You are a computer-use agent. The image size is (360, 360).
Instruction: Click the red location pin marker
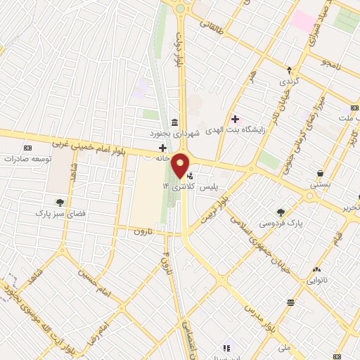coord(181,166)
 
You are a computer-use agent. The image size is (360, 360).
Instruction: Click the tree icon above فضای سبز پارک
coord(60,202)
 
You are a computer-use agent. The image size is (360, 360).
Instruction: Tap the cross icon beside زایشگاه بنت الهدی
coord(235,119)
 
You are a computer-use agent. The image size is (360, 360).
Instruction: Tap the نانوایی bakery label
coord(316,280)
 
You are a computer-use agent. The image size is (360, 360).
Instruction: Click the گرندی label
coord(289,81)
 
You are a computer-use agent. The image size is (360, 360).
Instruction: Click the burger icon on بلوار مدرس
coord(290,302)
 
